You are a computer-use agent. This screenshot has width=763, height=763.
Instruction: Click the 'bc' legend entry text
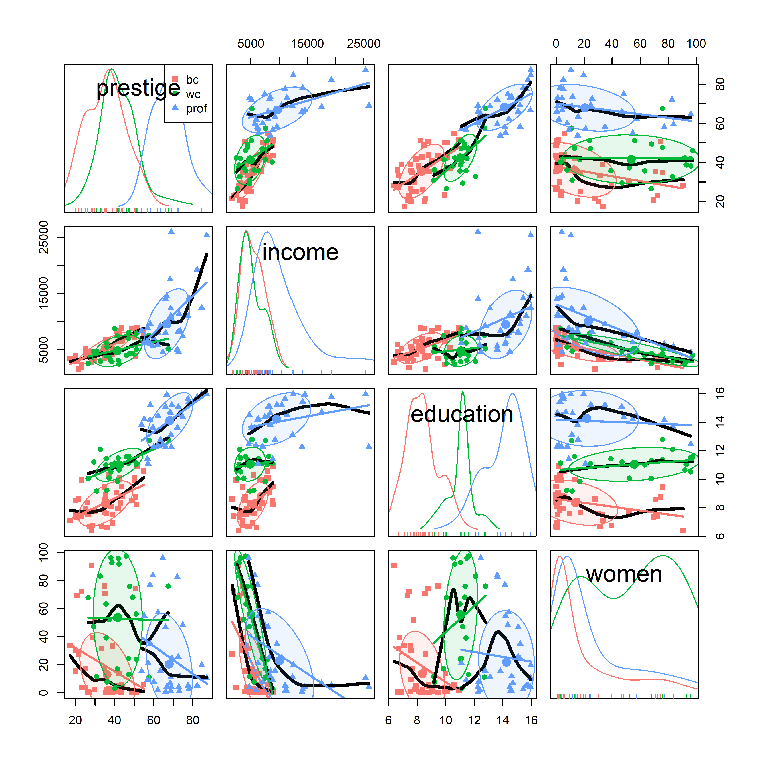point(192,80)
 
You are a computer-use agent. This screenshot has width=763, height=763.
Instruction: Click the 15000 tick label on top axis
point(307,43)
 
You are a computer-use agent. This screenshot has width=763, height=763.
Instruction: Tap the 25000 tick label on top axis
point(363,43)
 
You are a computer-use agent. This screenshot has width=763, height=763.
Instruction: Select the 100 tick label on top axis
point(696,43)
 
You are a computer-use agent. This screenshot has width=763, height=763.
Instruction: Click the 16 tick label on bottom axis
point(531,720)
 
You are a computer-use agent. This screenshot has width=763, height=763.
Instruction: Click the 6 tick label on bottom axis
point(389,720)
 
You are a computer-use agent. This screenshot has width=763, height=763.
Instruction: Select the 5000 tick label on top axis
point(251,43)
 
